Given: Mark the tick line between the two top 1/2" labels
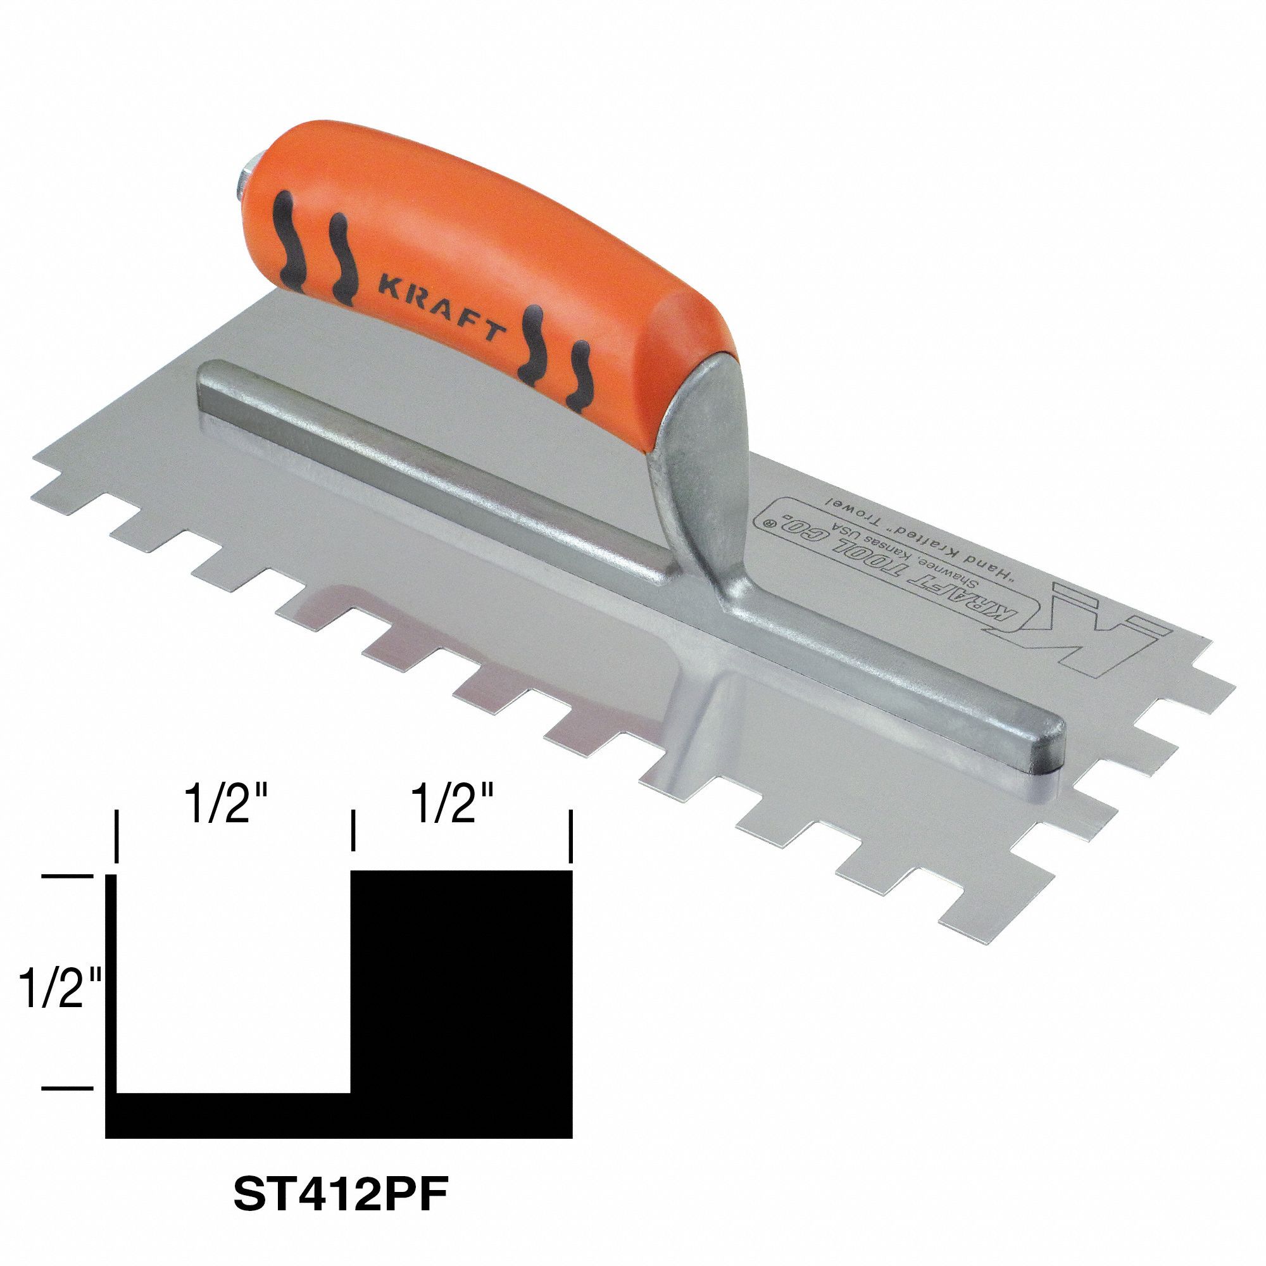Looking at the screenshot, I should click(353, 831).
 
